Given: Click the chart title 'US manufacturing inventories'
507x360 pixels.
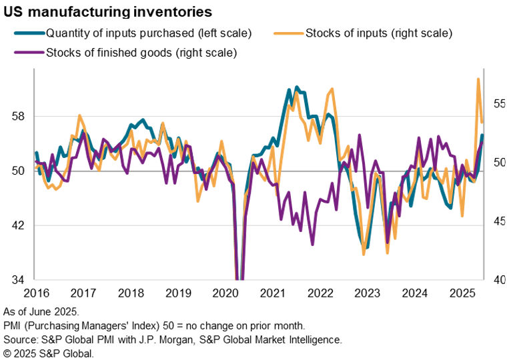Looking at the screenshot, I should pyautogui.click(x=108, y=12).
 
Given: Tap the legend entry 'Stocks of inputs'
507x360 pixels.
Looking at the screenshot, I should pyautogui.click(x=378, y=32).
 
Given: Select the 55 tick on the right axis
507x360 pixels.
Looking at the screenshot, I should pyautogui.click(x=500, y=104).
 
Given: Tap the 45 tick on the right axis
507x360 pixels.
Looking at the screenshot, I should pyautogui.click(x=500, y=221).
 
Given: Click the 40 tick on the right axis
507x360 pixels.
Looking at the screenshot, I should pyautogui.click(x=500, y=280).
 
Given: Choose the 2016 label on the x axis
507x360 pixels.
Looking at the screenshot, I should pyautogui.click(x=35, y=293).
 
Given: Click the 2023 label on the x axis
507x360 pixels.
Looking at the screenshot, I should pyautogui.click(x=368, y=293).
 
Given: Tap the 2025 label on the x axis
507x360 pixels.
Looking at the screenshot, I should pyautogui.click(x=462, y=293).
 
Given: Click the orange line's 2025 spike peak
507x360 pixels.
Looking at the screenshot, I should pyautogui.click(x=478, y=79).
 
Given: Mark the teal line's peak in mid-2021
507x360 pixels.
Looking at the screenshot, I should pyautogui.click(x=296, y=87).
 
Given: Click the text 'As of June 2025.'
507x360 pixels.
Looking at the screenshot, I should pyautogui.click(x=41, y=312).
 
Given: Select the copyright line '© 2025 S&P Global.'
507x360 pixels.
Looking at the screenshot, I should pyautogui.click(x=49, y=353).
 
